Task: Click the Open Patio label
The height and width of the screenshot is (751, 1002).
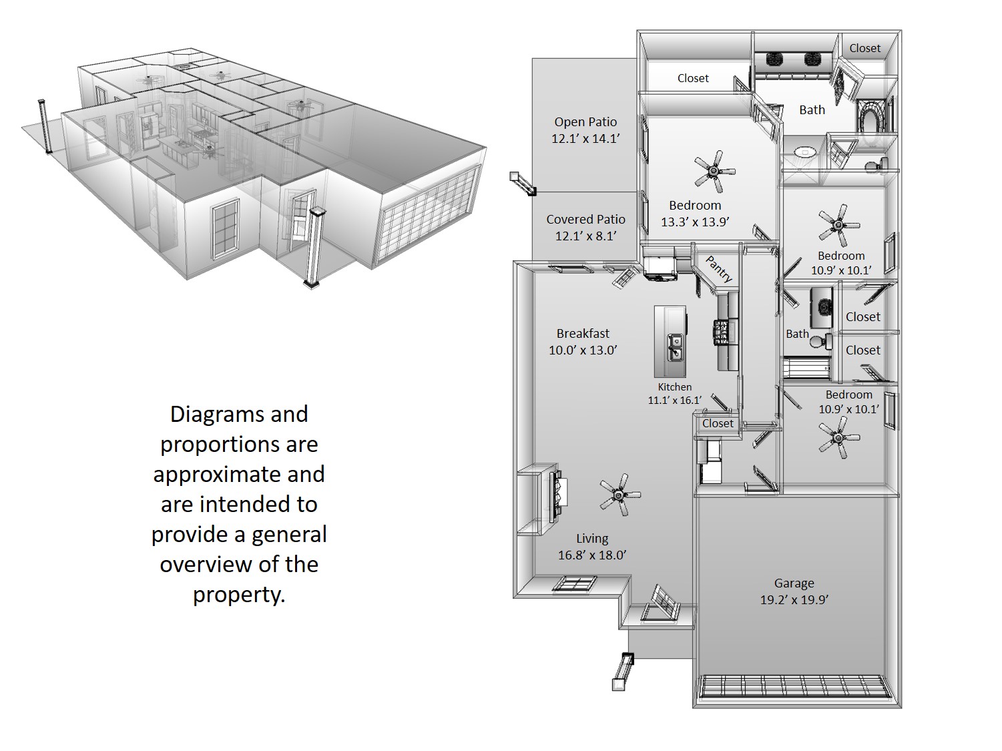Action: click(x=585, y=122)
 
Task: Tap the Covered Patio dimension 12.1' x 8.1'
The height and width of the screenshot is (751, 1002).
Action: click(x=585, y=236)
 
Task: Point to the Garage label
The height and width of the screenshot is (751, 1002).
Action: click(x=794, y=583)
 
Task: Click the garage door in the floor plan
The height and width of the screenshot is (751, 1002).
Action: click(x=794, y=687)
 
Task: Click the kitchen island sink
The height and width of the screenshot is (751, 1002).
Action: click(x=676, y=346)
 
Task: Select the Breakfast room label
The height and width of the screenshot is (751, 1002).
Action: click(x=583, y=333)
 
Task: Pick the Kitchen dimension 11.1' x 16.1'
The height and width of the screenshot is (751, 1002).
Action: click(x=674, y=401)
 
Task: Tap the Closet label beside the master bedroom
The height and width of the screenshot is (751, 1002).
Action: click(x=693, y=78)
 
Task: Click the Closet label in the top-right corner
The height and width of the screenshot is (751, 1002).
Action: click(x=864, y=48)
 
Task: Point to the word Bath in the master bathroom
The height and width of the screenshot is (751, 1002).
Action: click(x=812, y=110)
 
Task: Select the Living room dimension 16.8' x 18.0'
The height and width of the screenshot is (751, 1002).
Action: click(x=592, y=555)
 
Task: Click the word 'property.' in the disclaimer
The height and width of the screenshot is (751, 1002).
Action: click(x=239, y=594)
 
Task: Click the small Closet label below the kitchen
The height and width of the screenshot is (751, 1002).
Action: click(x=718, y=423)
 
